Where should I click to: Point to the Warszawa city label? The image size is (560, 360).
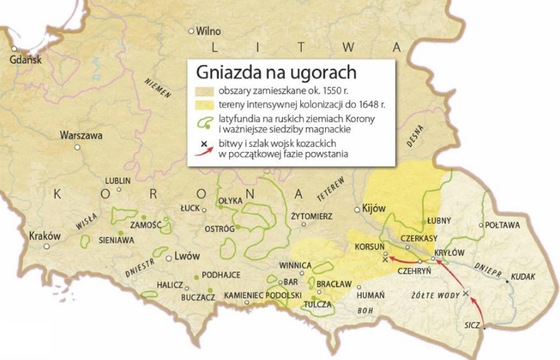point(81,135)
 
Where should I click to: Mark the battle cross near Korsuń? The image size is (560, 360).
point(385,259)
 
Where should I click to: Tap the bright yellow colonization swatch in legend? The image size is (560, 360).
point(206,105)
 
